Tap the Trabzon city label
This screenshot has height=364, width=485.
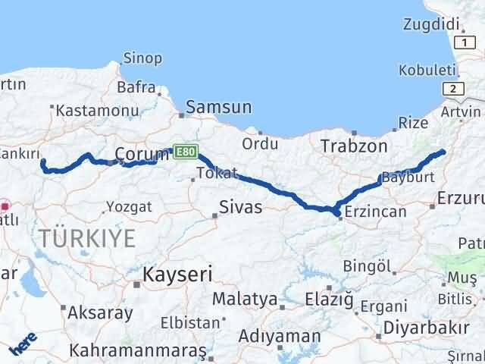pos(354,146)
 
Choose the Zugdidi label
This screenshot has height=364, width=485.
pos(430,24)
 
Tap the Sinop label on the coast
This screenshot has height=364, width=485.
pos(143,58)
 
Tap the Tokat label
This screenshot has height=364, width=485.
pos(217,173)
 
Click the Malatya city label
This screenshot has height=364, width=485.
pos(244,299)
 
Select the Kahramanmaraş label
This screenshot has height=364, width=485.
pos(138,351)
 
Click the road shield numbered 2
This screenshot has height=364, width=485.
pos(453,89)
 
